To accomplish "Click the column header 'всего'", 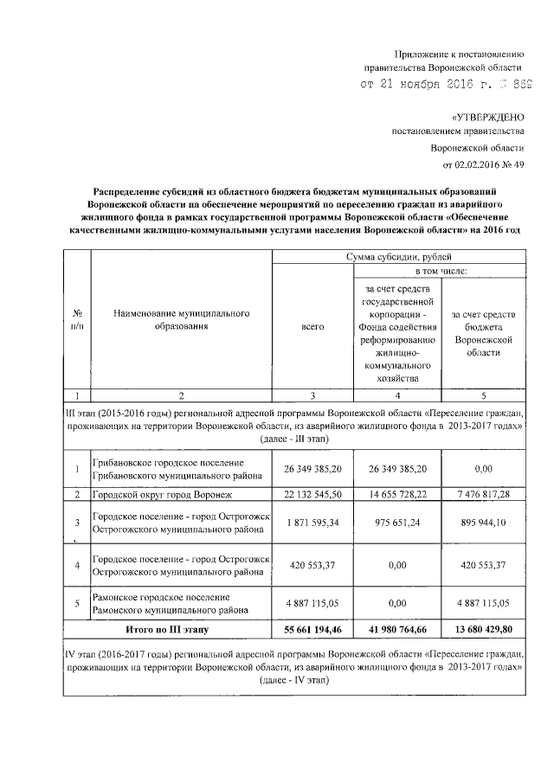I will click(x=312, y=326).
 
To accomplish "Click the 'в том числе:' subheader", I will click(x=441, y=271).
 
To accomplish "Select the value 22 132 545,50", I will click(x=312, y=494).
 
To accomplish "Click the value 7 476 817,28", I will click(x=483, y=494).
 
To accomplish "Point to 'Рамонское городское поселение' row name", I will click(x=162, y=597).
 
